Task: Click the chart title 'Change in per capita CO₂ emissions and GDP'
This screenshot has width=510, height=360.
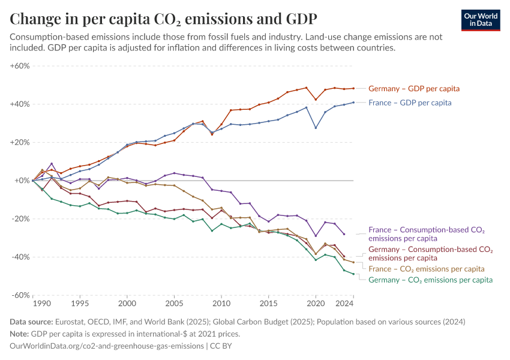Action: (164, 18)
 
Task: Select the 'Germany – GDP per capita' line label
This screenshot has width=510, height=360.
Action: (413, 89)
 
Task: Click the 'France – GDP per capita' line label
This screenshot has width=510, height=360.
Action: (410, 103)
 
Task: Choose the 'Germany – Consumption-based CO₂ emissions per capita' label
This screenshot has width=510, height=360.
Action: (430, 253)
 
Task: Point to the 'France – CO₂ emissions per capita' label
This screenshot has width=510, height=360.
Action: (426, 269)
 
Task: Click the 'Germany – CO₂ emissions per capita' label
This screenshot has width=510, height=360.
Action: (430, 280)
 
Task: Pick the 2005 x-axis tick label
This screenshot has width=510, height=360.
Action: (174, 305)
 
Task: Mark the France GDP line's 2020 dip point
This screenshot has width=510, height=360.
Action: (316, 128)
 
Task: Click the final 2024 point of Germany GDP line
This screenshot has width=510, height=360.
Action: (353, 88)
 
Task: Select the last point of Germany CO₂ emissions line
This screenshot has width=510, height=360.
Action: (353, 274)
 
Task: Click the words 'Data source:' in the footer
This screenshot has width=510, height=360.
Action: (32, 322)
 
